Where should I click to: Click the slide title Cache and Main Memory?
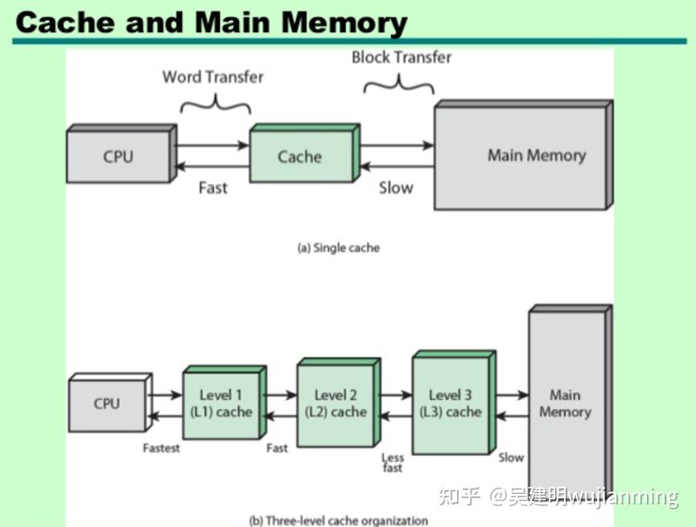[211, 22]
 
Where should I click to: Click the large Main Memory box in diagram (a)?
[535, 156]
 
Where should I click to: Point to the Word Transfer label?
[212, 77]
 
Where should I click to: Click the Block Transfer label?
[402, 57]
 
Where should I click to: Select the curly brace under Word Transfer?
[215, 104]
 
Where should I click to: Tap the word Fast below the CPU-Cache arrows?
[212, 187]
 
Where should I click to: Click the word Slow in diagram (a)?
[395, 187]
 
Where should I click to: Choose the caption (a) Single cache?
[338, 248]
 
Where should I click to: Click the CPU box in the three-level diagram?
[107, 404]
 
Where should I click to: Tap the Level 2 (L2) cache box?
[336, 403]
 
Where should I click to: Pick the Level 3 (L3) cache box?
[451, 403]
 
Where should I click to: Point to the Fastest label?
[161, 448]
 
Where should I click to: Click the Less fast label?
[392, 463]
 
